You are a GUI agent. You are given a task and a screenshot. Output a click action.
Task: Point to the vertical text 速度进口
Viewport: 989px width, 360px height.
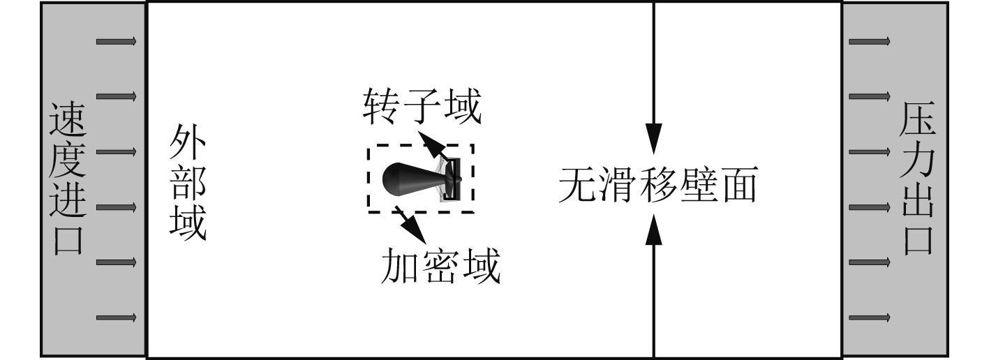(68, 179)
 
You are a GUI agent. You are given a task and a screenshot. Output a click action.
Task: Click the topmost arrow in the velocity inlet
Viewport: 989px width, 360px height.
(117, 41)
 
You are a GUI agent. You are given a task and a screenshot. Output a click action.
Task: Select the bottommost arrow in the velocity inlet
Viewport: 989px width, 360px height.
(117, 317)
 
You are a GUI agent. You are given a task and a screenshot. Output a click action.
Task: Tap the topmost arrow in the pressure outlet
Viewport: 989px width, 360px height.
(870, 41)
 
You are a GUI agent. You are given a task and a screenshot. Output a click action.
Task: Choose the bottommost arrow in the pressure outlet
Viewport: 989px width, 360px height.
(870, 317)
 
